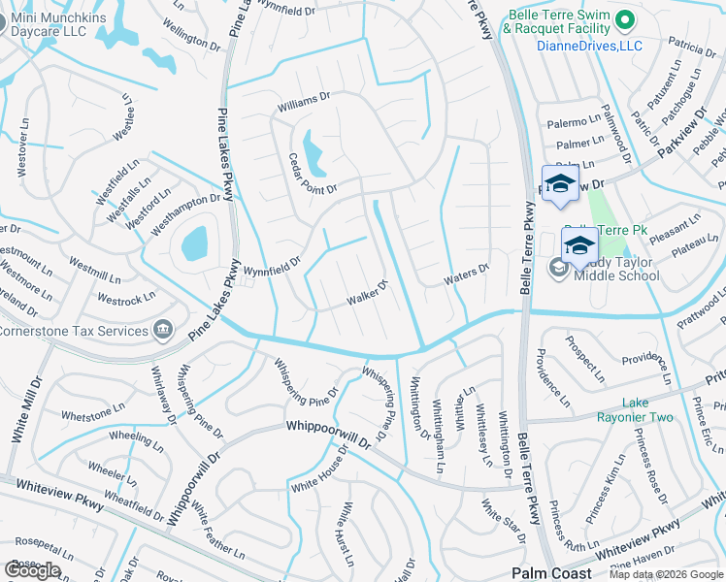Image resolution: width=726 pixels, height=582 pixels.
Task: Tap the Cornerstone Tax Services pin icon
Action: click(163, 330)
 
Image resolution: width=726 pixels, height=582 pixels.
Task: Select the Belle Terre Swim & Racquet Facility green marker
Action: click(626, 18)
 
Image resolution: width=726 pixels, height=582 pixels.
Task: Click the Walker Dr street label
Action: click(368, 293)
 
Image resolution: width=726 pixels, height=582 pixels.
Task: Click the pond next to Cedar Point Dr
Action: click(314, 150)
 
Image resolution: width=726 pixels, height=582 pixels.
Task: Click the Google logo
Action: click(32, 570)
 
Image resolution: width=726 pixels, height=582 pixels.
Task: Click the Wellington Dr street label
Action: click(192, 37)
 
